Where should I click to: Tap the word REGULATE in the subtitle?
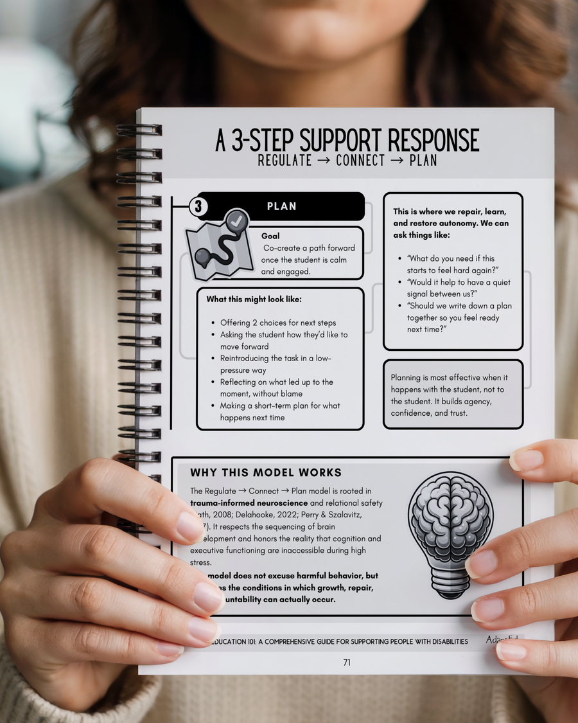click(285, 160)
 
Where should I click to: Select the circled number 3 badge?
click(198, 206)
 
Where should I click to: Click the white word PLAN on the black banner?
click(281, 206)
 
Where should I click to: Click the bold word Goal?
click(270, 236)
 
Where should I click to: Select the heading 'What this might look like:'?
click(254, 299)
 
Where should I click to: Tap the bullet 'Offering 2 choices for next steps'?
click(277, 323)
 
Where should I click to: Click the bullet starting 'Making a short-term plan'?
click(280, 411)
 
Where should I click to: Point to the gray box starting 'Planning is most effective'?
click(453, 395)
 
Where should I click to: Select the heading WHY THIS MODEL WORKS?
click(266, 473)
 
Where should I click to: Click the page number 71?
click(347, 663)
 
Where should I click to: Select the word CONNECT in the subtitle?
click(362, 160)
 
